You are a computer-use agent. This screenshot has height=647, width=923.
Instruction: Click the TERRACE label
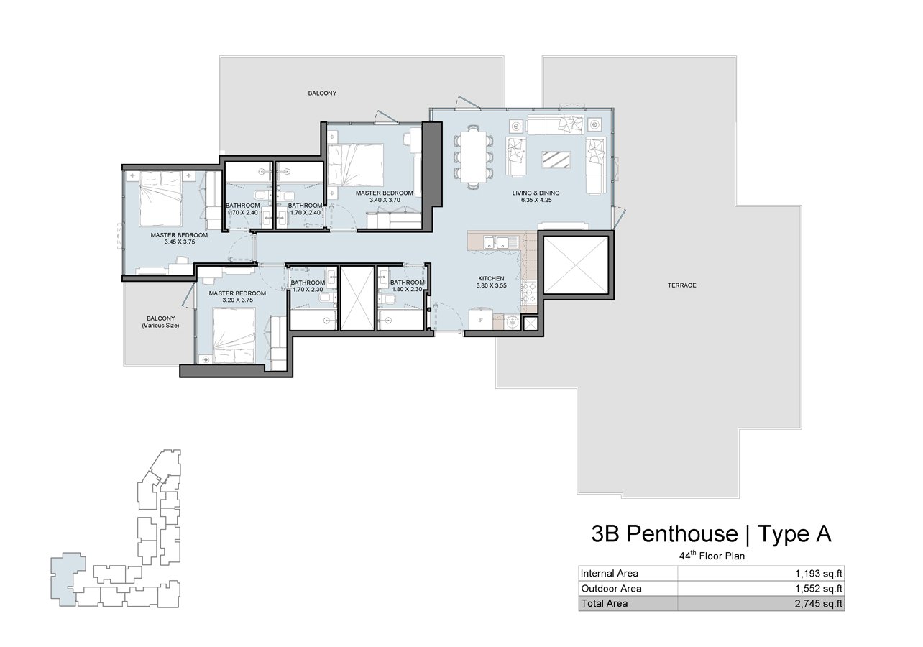[x=682, y=285]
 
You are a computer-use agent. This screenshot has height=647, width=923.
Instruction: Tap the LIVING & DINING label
[x=536, y=193]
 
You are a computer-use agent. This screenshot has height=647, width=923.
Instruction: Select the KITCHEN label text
[x=491, y=279]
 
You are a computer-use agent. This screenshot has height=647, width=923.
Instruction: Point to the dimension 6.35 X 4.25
[x=536, y=200]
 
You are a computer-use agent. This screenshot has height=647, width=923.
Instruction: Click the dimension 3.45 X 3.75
[x=179, y=242]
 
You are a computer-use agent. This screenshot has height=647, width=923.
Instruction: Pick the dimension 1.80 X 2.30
[x=407, y=289]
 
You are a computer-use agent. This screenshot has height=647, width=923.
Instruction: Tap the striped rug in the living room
[x=556, y=160]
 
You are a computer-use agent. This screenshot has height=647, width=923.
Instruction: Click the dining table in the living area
[x=473, y=157]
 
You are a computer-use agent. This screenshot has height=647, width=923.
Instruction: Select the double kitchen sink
[x=496, y=242]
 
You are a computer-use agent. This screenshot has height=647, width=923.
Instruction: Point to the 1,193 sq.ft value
[x=819, y=573]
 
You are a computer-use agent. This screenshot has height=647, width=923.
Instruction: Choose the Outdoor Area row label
[x=611, y=589]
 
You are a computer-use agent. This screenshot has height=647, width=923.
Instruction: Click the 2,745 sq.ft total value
[x=819, y=604]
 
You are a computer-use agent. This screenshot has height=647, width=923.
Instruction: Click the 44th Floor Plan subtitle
[x=712, y=556]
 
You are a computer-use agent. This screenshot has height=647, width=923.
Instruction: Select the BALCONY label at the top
[x=322, y=93]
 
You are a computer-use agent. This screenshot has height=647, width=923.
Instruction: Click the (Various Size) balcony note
[x=161, y=326]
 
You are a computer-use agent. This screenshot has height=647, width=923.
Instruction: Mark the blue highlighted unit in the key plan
[x=66, y=579]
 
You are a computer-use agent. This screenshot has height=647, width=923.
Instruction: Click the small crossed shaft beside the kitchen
[x=530, y=324]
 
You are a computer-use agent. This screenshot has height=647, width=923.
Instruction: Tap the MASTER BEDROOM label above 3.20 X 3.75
[x=237, y=293]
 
